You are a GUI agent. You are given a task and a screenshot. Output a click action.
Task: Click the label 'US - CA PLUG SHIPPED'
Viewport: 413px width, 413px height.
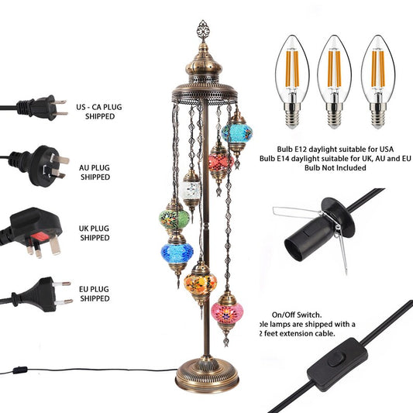point(98,109)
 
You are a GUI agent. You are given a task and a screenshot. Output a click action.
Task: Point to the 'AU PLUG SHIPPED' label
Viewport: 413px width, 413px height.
point(95,170)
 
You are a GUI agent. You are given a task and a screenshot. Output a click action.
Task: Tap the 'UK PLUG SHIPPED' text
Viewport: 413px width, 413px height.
point(95,233)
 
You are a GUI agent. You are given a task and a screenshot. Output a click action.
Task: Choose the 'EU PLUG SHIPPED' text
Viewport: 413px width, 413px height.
point(95,293)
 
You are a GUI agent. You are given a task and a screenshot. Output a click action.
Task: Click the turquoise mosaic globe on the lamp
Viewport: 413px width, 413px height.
point(236,133)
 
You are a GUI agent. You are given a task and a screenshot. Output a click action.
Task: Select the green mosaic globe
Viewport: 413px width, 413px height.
point(174,218)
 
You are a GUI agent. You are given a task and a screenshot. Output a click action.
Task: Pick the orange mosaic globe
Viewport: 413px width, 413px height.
point(201,278)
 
